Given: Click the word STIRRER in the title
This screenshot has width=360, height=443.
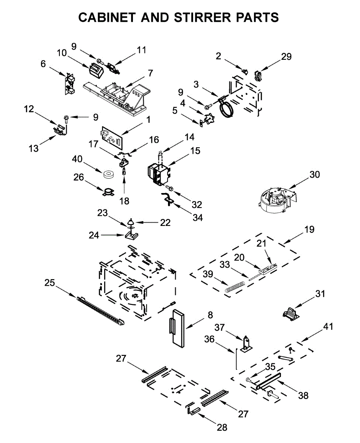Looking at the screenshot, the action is tap(202, 17).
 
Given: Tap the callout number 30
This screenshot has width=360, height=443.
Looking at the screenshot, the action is tap(315, 175).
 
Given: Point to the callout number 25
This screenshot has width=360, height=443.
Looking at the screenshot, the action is tap(49, 283).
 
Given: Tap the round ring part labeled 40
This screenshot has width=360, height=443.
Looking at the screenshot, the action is tap(109, 174).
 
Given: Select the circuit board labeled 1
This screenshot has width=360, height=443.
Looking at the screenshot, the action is tap(112, 137).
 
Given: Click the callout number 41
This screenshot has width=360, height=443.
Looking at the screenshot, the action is tap(328, 327).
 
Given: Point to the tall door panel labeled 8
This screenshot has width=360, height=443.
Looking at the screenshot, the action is tap(178, 329).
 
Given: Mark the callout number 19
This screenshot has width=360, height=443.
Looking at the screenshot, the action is tap(309, 229).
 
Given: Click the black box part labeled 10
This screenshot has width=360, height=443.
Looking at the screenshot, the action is tap(96, 71).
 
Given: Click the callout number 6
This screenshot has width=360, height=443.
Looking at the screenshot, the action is tap(43, 64).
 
